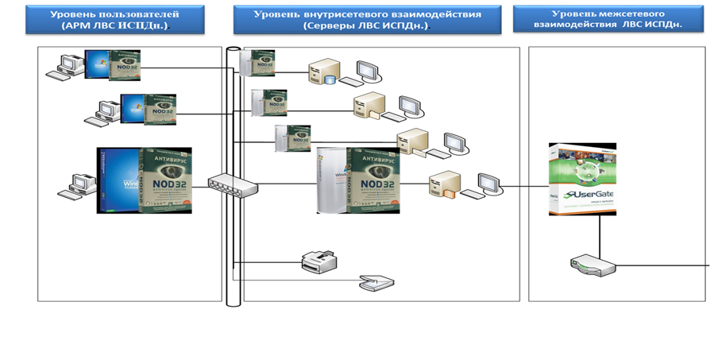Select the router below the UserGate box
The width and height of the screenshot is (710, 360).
click(592, 265)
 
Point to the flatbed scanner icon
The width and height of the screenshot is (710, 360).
click(375, 281)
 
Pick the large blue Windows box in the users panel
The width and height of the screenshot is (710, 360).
click(118, 180)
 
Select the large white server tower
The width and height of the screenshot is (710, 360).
click(333, 180)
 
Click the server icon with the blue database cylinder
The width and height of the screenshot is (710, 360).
click(325, 74)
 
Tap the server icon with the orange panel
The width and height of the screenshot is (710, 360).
click(444, 184)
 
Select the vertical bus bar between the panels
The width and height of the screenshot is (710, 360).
click(233, 238)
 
